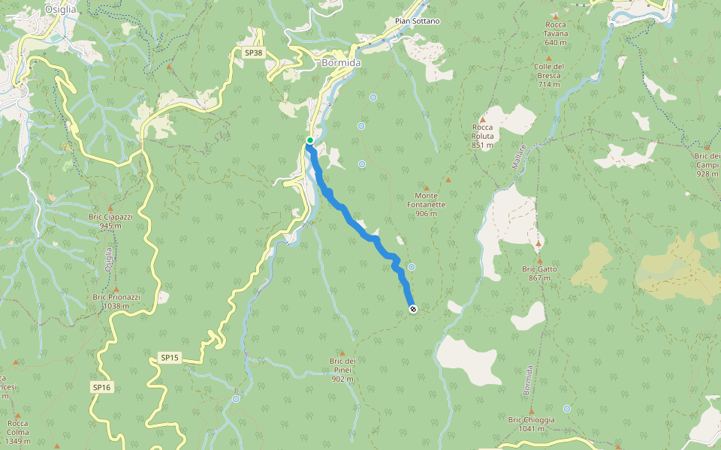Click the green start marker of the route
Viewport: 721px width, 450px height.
pos(309,140)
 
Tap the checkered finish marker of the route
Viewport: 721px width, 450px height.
pos(412,309)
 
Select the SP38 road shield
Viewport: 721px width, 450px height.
pos(254,53)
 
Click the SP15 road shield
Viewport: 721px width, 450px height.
pos(170,358)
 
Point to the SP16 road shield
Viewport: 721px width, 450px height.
pos(101,387)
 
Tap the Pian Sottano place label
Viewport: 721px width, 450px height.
pos(417,21)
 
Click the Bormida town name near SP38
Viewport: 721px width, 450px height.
pos(341,63)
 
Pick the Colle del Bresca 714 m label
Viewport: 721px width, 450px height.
pos(549,75)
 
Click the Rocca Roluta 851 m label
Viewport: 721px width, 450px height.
pos(482,136)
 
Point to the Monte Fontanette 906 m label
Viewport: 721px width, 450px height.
pos(426,208)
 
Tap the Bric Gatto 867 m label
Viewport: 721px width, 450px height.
pos(538,273)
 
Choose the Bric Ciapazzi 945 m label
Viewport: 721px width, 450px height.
pos(110,220)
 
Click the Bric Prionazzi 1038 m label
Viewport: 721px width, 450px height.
pos(116,301)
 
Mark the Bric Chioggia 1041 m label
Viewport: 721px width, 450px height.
pos(531,424)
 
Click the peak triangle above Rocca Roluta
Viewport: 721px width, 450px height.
pos(482,118)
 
